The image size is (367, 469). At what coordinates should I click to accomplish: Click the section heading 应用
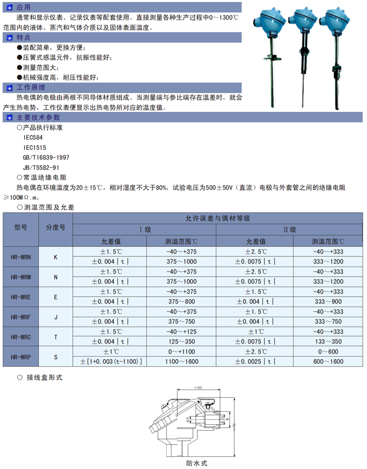pyautogui.click(x=24, y=7)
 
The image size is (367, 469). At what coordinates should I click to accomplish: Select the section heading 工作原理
pyautogui.click(x=30, y=88)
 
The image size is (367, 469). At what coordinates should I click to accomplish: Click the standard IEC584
pyautogui.click(x=32, y=138)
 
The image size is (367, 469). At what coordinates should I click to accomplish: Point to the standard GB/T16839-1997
pyautogui.click(x=46, y=158)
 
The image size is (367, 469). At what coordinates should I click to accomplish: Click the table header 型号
pyautogui.click(x=21, y=227)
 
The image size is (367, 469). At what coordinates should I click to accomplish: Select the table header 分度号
pyautogui.click(x=56, y=227)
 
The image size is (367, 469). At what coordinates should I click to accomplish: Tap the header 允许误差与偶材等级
pyautogui.click(x=218, y=218)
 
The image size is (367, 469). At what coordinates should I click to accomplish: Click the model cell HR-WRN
pyautogui.click(x=21, y=257)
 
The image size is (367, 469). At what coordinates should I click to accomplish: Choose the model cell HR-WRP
pyautogui.click(x=21, y=357)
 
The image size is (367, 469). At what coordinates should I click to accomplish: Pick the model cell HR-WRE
pyautogui.click(x=21, y=297)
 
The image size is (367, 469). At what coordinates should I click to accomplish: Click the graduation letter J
pyautogui.click(x=56, y=317)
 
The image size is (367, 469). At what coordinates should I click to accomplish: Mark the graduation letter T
pyautogui.click(x=56, y=337)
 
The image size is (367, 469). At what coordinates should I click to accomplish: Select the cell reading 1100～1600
pyautogui.click(x=181, y=362)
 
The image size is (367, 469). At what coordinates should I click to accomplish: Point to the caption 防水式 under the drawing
pyautogui.click(x=197, y=463)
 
